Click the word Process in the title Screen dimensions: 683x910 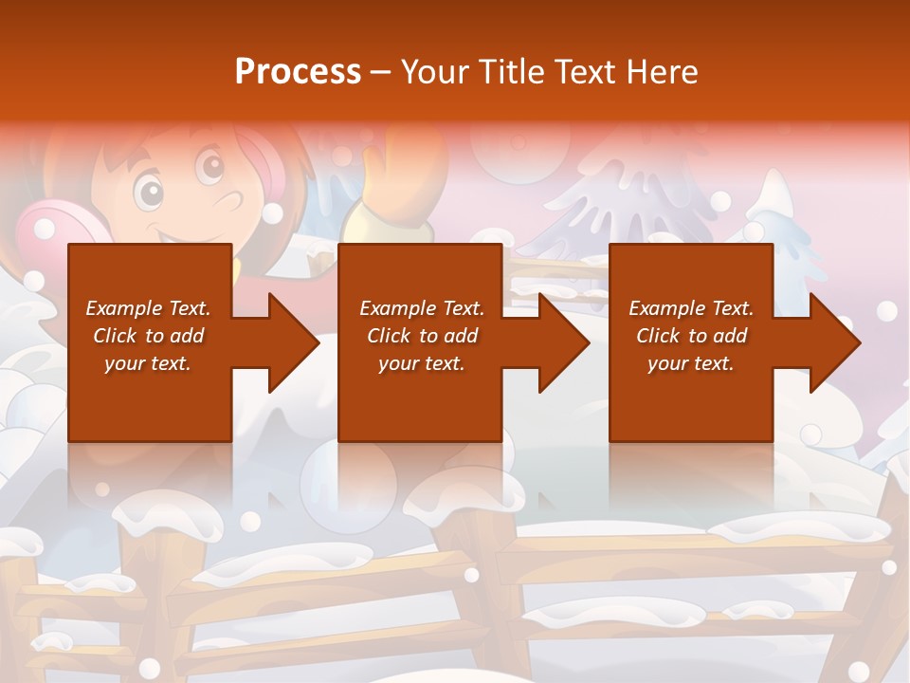pos(298,72)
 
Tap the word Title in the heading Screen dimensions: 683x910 pos(511,72)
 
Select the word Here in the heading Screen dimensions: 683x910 pos(664,72)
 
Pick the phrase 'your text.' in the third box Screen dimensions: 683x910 pos(690,363)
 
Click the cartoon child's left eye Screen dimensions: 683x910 pos(148,191)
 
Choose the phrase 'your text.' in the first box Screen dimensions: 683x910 pos(147,363)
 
